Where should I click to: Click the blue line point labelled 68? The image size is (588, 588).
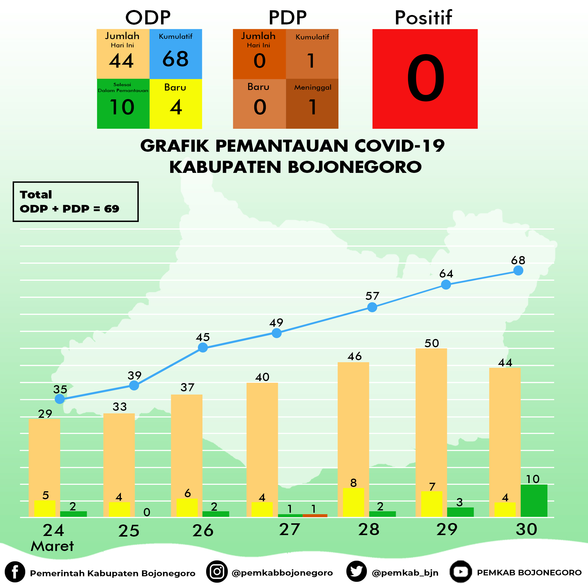pyautogui.click(x=518, y=270)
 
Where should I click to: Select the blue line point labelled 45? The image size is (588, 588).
pyautogui.click(x=203, y=347)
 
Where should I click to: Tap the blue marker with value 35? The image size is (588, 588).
pyautogui.click(x=60, y=399)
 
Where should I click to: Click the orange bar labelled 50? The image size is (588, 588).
pyautogui.click(x=431, y=432)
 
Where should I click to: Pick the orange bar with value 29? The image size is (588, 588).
pyautogui.click(x=44, y=468)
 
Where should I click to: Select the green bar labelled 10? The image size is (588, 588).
pyautogui.click(x=534, y=500)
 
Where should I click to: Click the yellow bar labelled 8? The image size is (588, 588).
pyautogui.click(x=353, y=502)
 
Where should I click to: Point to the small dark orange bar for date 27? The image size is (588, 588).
pyautogui.click(x=315, y=515)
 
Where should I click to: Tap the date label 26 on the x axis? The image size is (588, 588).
pyautogui.click(x=203, y=530)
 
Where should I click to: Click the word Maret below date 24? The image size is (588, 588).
pyautogui.click(x=52, y=546)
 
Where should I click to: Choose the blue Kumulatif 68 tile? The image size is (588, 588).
pyautogui.click(x=176, y=54)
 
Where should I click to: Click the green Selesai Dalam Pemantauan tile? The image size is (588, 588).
pyautogui.click(x=123, y=104)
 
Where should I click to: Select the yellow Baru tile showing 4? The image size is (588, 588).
pyautogui.click(x=176, y=104)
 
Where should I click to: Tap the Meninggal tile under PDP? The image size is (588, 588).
pyautogui.click(x=312, y=104)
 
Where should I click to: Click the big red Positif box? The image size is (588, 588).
pyautogui.click(x=425, y=79)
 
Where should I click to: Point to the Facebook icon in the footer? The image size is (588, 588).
pyautogui.click(x=15, y=572)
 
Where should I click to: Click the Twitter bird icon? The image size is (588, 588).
pyautogui.click(x=356, y=571)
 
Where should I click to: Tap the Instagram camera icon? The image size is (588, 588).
pyautogui.click(x=217, y=571)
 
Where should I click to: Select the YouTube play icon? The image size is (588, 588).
pyautogui.click(x=461, y=572)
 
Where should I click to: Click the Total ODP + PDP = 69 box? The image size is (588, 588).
pyautogui.click(x=76, y=201)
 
